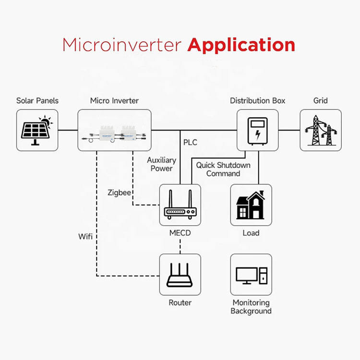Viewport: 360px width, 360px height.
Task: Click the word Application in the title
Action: [x=241, y=45]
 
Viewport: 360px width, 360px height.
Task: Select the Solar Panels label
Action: [x=37, y=101]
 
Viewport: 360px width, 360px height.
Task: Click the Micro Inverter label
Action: [x=114, y=101]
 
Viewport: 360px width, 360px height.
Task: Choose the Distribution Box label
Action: [x=257, y=101]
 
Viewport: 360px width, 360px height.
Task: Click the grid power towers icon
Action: [x=320, y=130]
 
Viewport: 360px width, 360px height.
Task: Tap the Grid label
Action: [x=320, y=101]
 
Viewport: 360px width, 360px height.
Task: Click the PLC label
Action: [x=190, y=143]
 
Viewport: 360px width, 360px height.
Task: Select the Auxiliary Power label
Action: [x=161, y=164]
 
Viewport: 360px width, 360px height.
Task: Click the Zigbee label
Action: [x=120, y=192]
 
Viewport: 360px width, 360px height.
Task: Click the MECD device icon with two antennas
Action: [x=180, y=205]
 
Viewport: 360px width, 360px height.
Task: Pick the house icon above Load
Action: [x=251, y=205]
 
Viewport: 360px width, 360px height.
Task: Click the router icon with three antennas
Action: [x=180, y=275]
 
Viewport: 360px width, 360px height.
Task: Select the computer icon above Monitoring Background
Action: [x=251, y=275]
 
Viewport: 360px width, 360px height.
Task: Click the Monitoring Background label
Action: [x=251, y=307]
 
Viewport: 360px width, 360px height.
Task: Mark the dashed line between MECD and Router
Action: [x=180, y=247]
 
